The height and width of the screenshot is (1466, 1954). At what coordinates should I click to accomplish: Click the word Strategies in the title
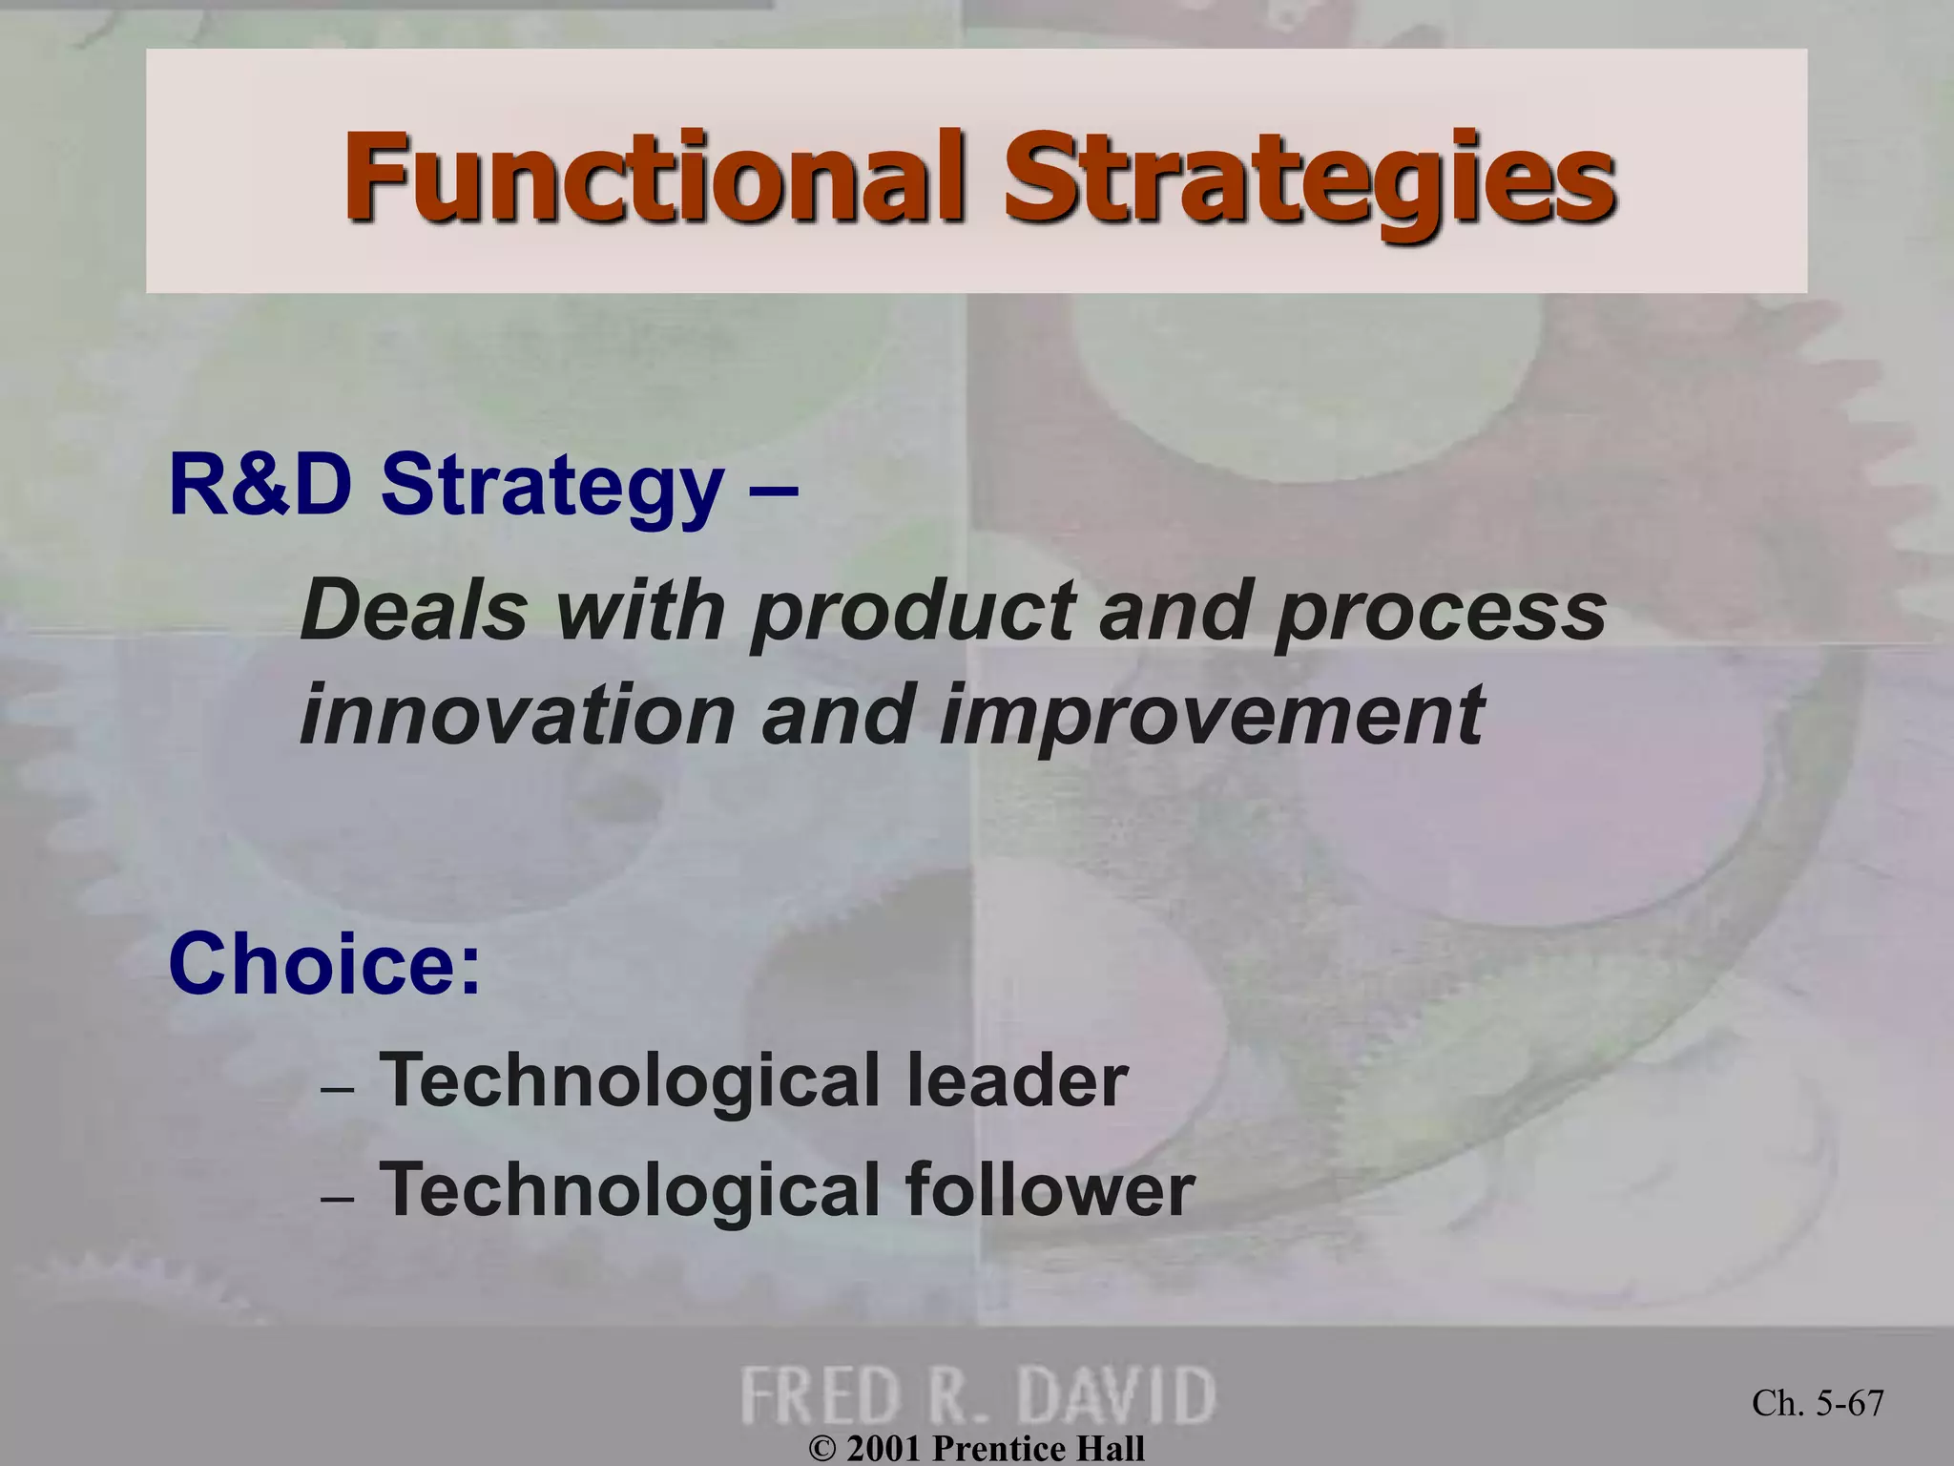(1307, 177)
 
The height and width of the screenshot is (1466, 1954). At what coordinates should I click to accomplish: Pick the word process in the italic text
(1440, 613)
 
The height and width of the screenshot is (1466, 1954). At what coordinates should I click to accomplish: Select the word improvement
(1211, 716)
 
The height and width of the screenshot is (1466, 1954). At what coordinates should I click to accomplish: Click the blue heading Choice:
(324, 964)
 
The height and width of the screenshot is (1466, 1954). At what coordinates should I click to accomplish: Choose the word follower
(1050, 1189)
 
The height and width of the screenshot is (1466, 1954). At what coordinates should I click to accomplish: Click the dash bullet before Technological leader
(338, 1089)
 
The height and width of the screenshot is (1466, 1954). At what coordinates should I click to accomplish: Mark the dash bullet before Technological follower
(338, 1198)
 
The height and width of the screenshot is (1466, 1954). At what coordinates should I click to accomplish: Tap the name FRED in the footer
(820, 1395)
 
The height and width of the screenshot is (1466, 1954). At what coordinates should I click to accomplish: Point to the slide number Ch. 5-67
(1818, 1403)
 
